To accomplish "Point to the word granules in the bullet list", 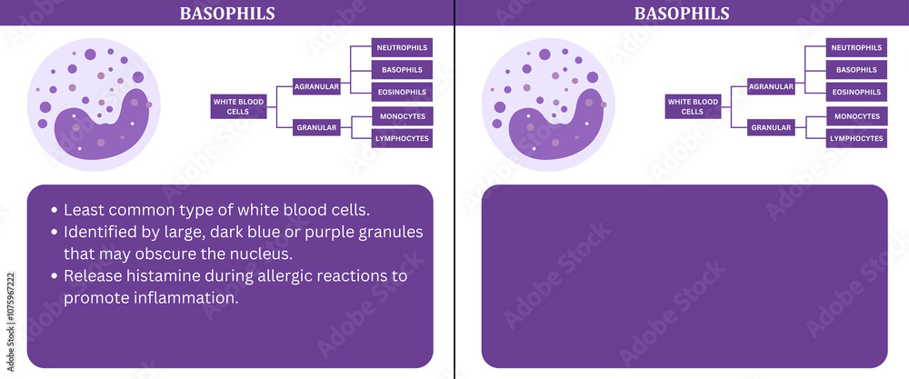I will (392, 232).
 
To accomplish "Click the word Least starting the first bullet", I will (85, 209).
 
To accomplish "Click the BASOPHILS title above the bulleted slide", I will (227, 13).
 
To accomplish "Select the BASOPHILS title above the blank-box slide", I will (682, 13).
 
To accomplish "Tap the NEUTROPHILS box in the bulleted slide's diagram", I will (402, 47).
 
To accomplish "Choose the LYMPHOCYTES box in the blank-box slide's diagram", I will (855, 138).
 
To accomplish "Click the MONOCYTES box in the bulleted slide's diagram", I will (402, 116).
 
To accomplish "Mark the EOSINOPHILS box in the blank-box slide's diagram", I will (855, 92).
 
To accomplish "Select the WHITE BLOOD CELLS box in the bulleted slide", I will (238, 106).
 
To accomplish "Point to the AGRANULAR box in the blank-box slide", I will (770, 86).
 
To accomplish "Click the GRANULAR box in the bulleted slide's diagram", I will (316, 128).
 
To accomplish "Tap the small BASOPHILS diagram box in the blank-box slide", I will (855, 70).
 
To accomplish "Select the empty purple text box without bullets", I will (684, 276).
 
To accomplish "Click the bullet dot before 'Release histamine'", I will (54, 275).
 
